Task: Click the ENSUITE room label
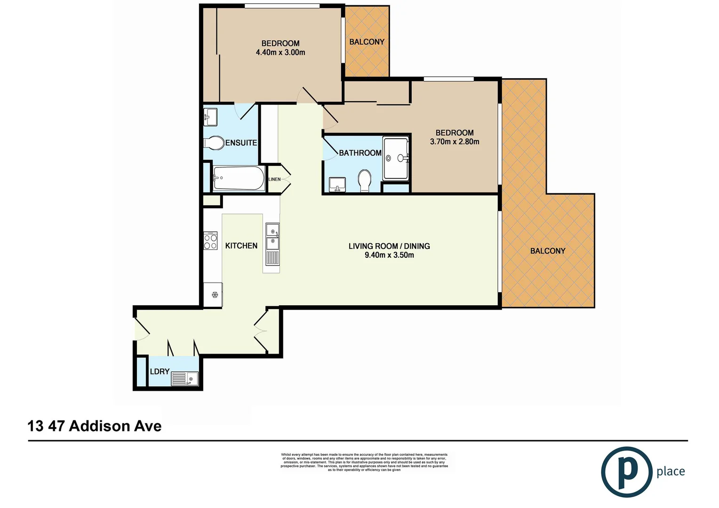coord(241,143)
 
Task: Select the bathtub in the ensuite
coord(239,178)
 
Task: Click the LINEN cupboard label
coord(274,179)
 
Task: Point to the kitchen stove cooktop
coord(210,241)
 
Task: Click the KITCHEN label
coord(241,246)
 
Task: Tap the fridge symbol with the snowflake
coord(215,295)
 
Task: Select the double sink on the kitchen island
coord(272,237)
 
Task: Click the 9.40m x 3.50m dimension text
coord(389,255)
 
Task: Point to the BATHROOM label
coord(360,153)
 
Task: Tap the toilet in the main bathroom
coord(365,181)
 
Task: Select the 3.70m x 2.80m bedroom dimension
coord(455,142)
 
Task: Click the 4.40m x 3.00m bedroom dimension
coord(280,52)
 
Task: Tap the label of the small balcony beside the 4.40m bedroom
coord(367,42)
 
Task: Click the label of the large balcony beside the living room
coord(548,251)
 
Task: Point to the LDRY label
coord(160,371)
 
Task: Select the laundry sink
coord(184,378)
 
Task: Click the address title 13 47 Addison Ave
coord(95,426)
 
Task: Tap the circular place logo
coord(626,471)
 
